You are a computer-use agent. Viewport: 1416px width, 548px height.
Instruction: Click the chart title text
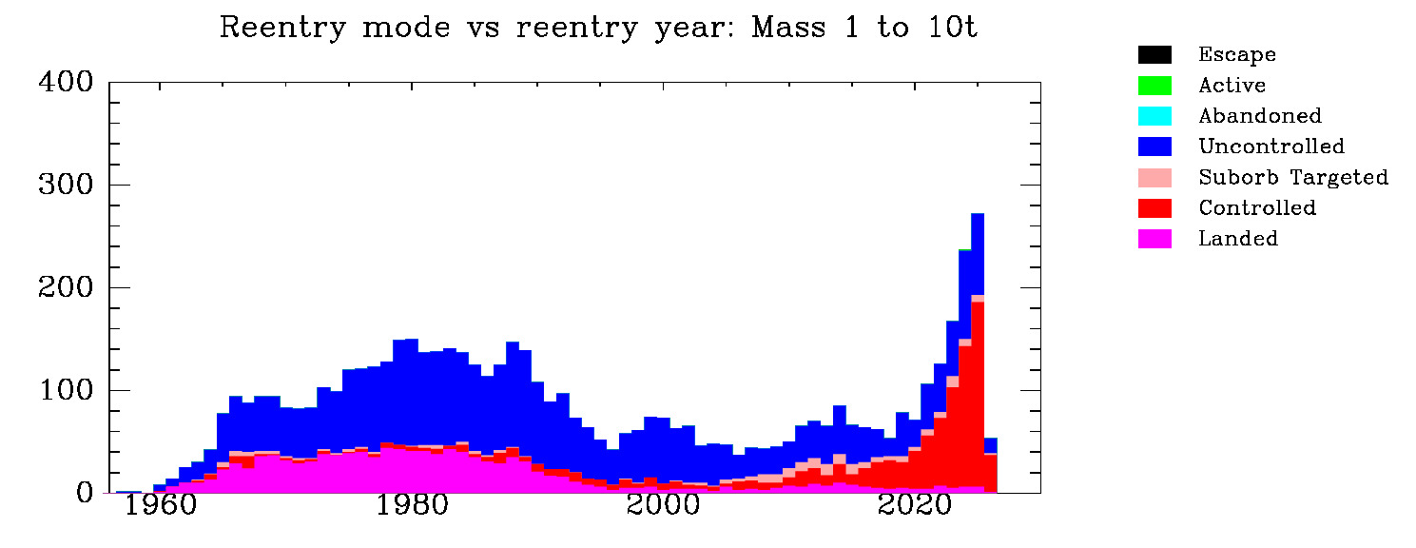(x=598, y=28)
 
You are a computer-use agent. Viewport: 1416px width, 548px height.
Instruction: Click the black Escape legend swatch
(x=1154, y=54)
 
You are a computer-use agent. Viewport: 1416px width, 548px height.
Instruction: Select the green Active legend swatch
(x=1154, y=85)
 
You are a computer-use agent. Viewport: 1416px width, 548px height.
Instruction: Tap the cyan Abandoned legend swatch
(x=1154, y=116)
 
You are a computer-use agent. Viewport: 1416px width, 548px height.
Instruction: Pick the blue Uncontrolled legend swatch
(x=1154, y=147)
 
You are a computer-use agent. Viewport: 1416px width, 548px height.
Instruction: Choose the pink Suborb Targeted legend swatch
(x=1154, y=177)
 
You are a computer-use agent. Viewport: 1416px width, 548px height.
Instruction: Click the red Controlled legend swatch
(x=1154, y=207)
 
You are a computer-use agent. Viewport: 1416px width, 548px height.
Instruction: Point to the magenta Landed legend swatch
(x=1154, y=239)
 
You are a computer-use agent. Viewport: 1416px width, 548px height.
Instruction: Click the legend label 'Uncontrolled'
(x=1271, y=147)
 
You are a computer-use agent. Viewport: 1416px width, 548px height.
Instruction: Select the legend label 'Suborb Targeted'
(x=1293, y=177)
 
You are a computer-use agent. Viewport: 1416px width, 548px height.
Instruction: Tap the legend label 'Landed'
(x=1238, y=239)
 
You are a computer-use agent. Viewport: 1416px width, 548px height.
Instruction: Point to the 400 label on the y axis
(x=66, y=83)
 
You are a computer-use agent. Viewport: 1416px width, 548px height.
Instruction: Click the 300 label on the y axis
(x=66, y=186)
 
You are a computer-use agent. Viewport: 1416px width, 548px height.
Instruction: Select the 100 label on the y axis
(x=66, y=391)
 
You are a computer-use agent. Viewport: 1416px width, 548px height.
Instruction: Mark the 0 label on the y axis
(x=85, y=494)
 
